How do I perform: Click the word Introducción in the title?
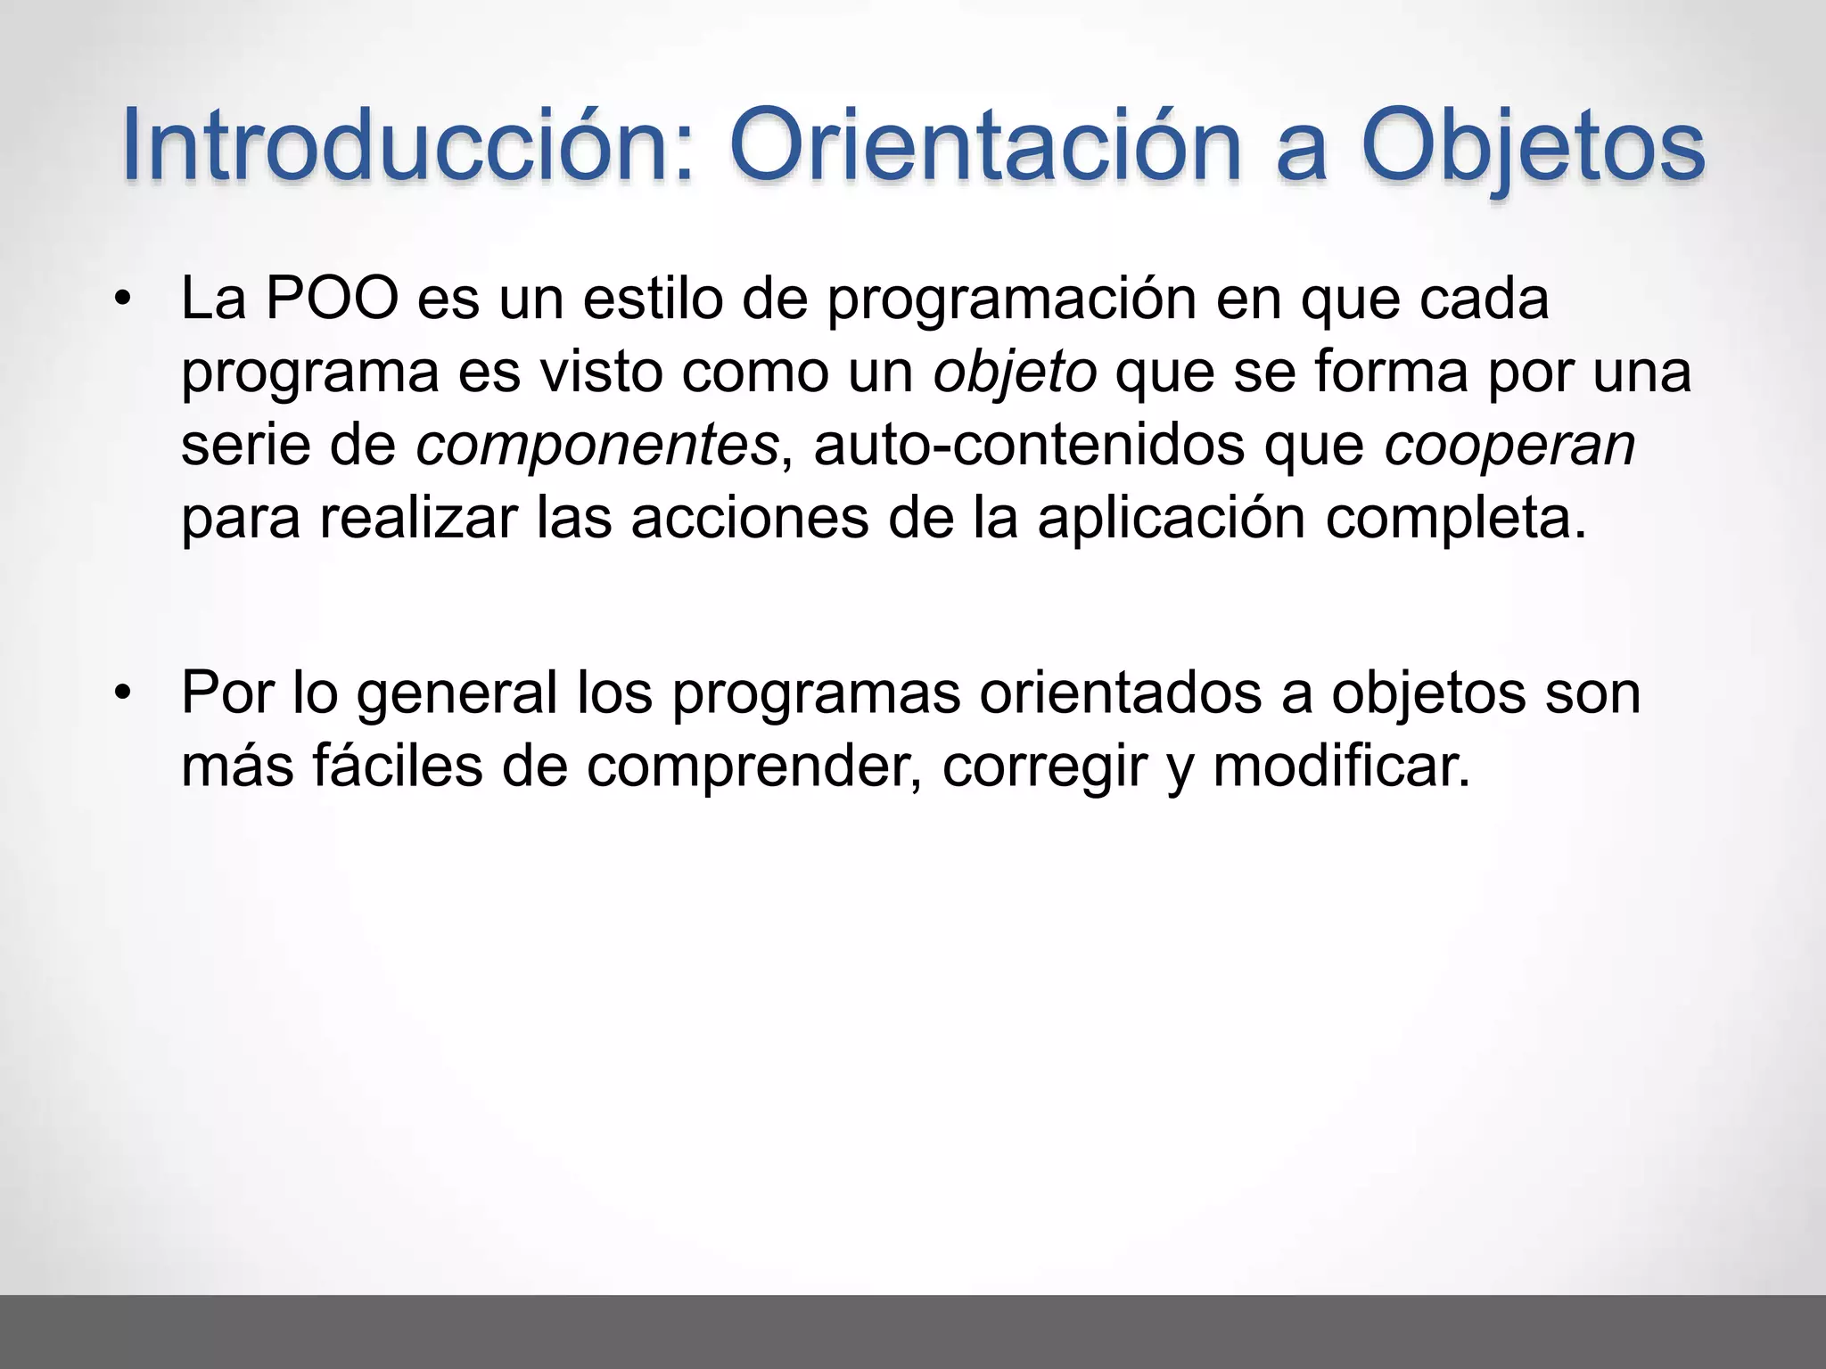[406, 145]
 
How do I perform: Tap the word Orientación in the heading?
[985, 145]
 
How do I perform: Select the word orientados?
[1121, 693]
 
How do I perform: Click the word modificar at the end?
[1340, 766]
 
